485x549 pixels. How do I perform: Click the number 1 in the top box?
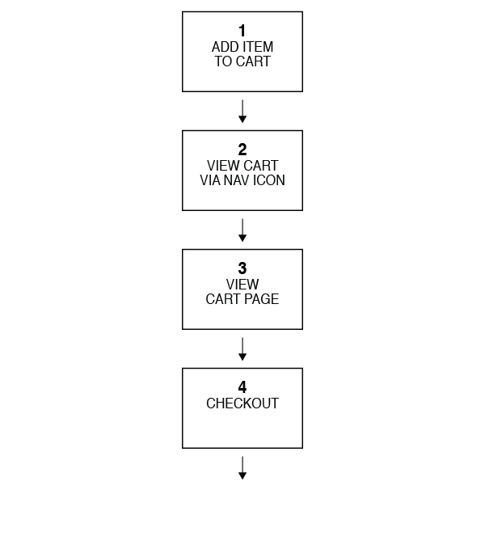coord(242,32)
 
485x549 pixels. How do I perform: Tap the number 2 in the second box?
coord(242,150)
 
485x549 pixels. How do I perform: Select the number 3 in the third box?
coord(242,269)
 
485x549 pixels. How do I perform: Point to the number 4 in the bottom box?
coord(242,388)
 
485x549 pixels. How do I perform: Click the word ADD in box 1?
coord(226,48)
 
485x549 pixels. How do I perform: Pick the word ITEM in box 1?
coord(258,48)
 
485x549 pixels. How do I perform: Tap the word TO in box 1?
coord(223,62)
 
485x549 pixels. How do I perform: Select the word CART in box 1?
coord(253,62)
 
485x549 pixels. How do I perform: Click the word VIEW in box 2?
coord(224,167)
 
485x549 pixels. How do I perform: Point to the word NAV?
coord(238,181)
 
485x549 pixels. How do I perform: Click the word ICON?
coord(269,181)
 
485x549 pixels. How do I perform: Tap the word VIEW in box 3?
coord(242,285)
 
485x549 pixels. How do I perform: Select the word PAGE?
coord(262,300)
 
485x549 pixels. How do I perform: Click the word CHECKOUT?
coord(242,404)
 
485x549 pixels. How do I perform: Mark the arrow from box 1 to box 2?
coord(242,112)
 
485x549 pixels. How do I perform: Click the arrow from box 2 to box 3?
coord(242,230)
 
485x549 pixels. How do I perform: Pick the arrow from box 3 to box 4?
coord(242,349)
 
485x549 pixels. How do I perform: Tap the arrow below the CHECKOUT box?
coord(242,468)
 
